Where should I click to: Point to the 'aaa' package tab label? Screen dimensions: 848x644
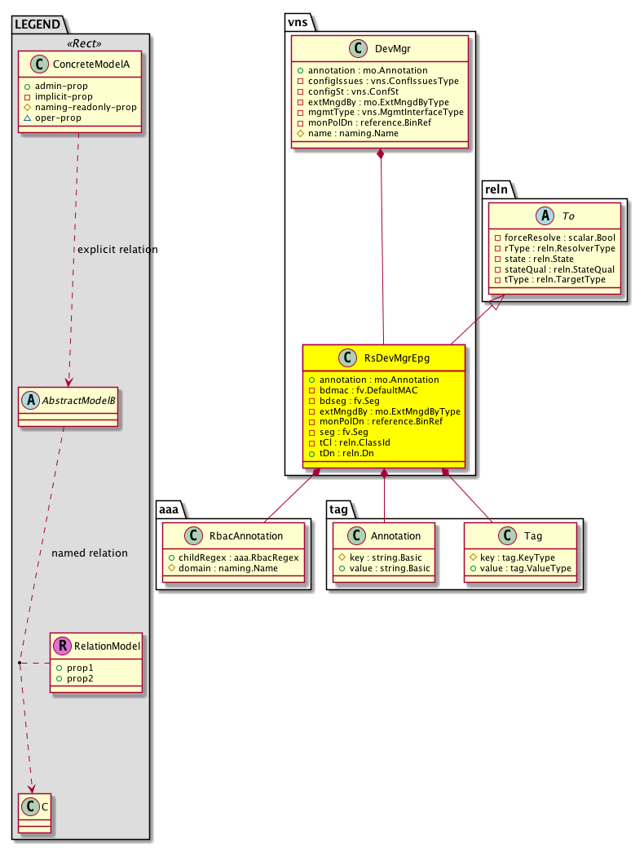click(170, 508)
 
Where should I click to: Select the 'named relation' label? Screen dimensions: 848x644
click(90, 553)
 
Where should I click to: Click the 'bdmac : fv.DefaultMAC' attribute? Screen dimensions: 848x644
click(364, 390)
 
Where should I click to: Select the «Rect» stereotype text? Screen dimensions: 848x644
click(80, 43)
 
